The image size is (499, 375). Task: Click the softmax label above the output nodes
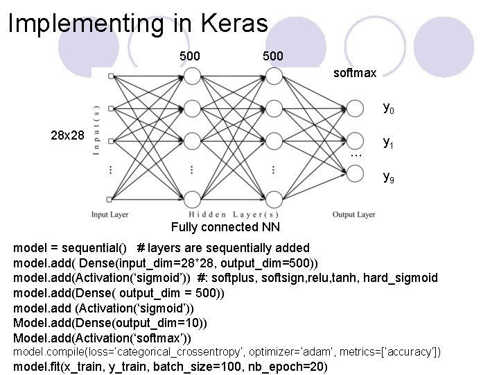[355, 72]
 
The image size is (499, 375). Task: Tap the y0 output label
[389, 109]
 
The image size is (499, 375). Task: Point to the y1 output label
[389, 143]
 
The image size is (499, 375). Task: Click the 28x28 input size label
[67, 136]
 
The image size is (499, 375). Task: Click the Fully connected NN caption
[215, 228]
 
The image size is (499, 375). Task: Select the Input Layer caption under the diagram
[111, 215]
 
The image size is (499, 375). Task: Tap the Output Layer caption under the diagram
[353, 215]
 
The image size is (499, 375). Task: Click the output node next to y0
[355, 108]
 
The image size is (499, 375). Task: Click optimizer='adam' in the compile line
[289, 353]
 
